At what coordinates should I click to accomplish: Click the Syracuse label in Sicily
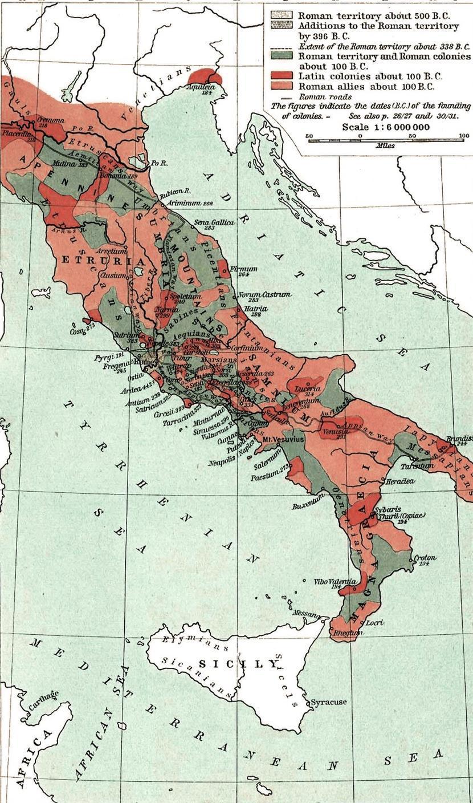pyautogui.click(x=329, y=702)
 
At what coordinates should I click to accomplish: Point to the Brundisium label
pyautogui.click(x=459, y=439)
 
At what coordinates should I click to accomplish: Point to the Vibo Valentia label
pyautogui.click(x=335, y=582)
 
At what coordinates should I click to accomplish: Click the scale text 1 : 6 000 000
pyautogui.click(x=386, y=127)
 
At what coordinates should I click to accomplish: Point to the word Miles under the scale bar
pyautogui.click(x=385, y=145)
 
